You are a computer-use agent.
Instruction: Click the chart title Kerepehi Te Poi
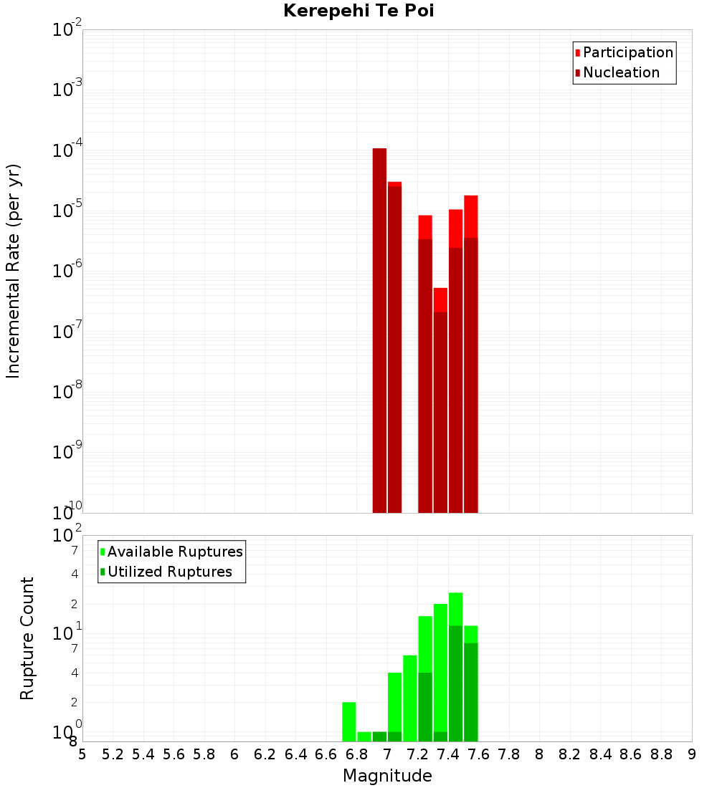358,11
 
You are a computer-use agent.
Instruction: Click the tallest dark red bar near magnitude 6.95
379,330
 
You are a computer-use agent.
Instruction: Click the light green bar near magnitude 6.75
349,721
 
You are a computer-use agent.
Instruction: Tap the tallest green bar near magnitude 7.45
455,666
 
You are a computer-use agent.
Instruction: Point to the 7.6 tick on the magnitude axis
478,754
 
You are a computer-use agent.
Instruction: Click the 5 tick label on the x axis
82,754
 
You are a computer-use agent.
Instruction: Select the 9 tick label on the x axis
691,754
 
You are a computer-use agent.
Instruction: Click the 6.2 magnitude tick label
265,754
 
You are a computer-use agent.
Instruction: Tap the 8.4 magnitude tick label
600,754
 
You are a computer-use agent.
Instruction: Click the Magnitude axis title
386,776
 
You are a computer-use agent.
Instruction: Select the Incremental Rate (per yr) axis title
13,271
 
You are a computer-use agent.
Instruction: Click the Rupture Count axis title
27,638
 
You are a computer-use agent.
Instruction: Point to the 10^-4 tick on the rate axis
67,151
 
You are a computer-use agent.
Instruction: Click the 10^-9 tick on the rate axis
67,453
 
